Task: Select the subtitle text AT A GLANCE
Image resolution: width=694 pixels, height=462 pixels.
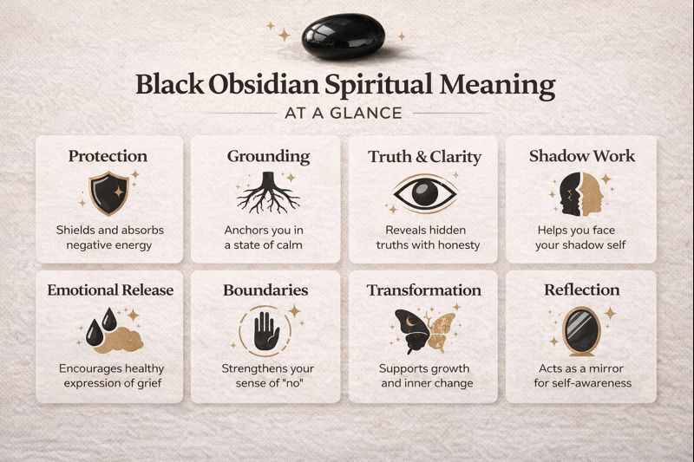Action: pyautogui.click(x=346, y=113)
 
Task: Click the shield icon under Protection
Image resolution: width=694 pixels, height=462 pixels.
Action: pyautogui.click(x=108, y=192)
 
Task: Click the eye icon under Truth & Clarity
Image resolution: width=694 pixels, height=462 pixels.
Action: pyautogui.click(x=423, y=192)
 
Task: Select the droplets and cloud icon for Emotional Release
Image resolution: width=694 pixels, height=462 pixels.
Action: pyautogui.click(x=108, y=330)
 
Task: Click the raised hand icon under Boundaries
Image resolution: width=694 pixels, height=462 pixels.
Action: pyautogui.click(x=267, y=329)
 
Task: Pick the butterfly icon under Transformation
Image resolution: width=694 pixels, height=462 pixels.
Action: pyautogui.click(x=423, y=329)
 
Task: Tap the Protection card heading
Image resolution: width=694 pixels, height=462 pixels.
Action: pyautogui.click(x=108, y=157)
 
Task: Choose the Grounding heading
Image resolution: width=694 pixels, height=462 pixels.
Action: pyautogui.click(x=268, y=157)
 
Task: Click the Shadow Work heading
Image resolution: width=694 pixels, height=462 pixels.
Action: pyautogui.click(x=581, y=157)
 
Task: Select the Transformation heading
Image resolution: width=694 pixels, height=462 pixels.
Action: pyautogui.click(x=423, y=290)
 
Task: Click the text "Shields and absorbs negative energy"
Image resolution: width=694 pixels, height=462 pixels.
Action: pyautogui.click(x=108, y=238)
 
